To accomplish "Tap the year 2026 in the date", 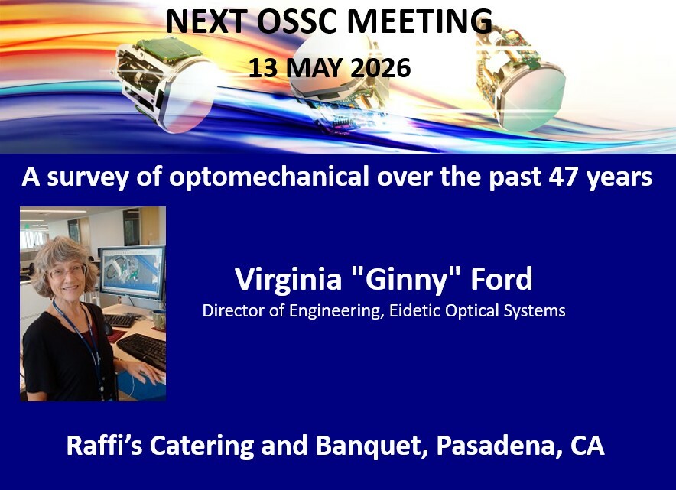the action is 380,68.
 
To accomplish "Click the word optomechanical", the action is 269,177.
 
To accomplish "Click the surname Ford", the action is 502,279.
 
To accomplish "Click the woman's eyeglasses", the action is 67,272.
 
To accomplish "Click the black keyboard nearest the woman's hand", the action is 143,349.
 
